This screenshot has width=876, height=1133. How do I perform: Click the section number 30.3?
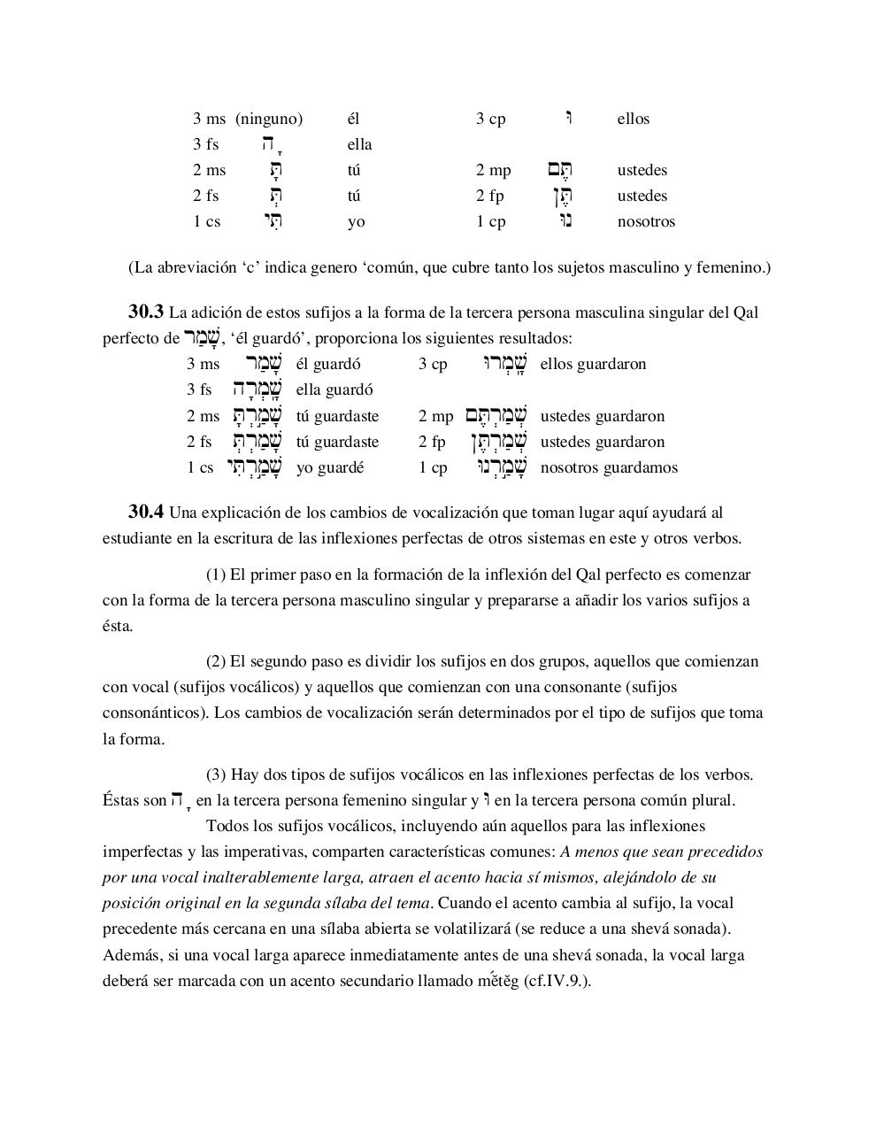pos(146,312)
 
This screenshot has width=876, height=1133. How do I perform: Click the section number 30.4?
pos(146,512)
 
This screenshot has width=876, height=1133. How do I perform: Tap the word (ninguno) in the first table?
pos(269,119)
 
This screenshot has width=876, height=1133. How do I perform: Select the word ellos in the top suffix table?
pos(633,119)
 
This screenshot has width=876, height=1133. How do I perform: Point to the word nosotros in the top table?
pos(646,221)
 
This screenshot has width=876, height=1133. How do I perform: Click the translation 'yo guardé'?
pos(330,467)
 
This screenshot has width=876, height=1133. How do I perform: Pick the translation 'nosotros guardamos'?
pos(609,467)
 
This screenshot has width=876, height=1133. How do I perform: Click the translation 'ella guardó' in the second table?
pos(334,389)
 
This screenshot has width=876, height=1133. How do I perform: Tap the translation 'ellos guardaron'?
pos(593,364)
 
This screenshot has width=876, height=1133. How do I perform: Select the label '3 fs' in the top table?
pos(206,144)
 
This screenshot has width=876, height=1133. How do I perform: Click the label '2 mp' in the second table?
pos(435,416)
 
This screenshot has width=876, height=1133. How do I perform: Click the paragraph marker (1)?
pos(216,574)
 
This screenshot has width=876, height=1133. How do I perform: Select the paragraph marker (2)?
pos(216,661)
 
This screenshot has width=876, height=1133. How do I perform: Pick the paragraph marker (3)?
pos(216,775)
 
